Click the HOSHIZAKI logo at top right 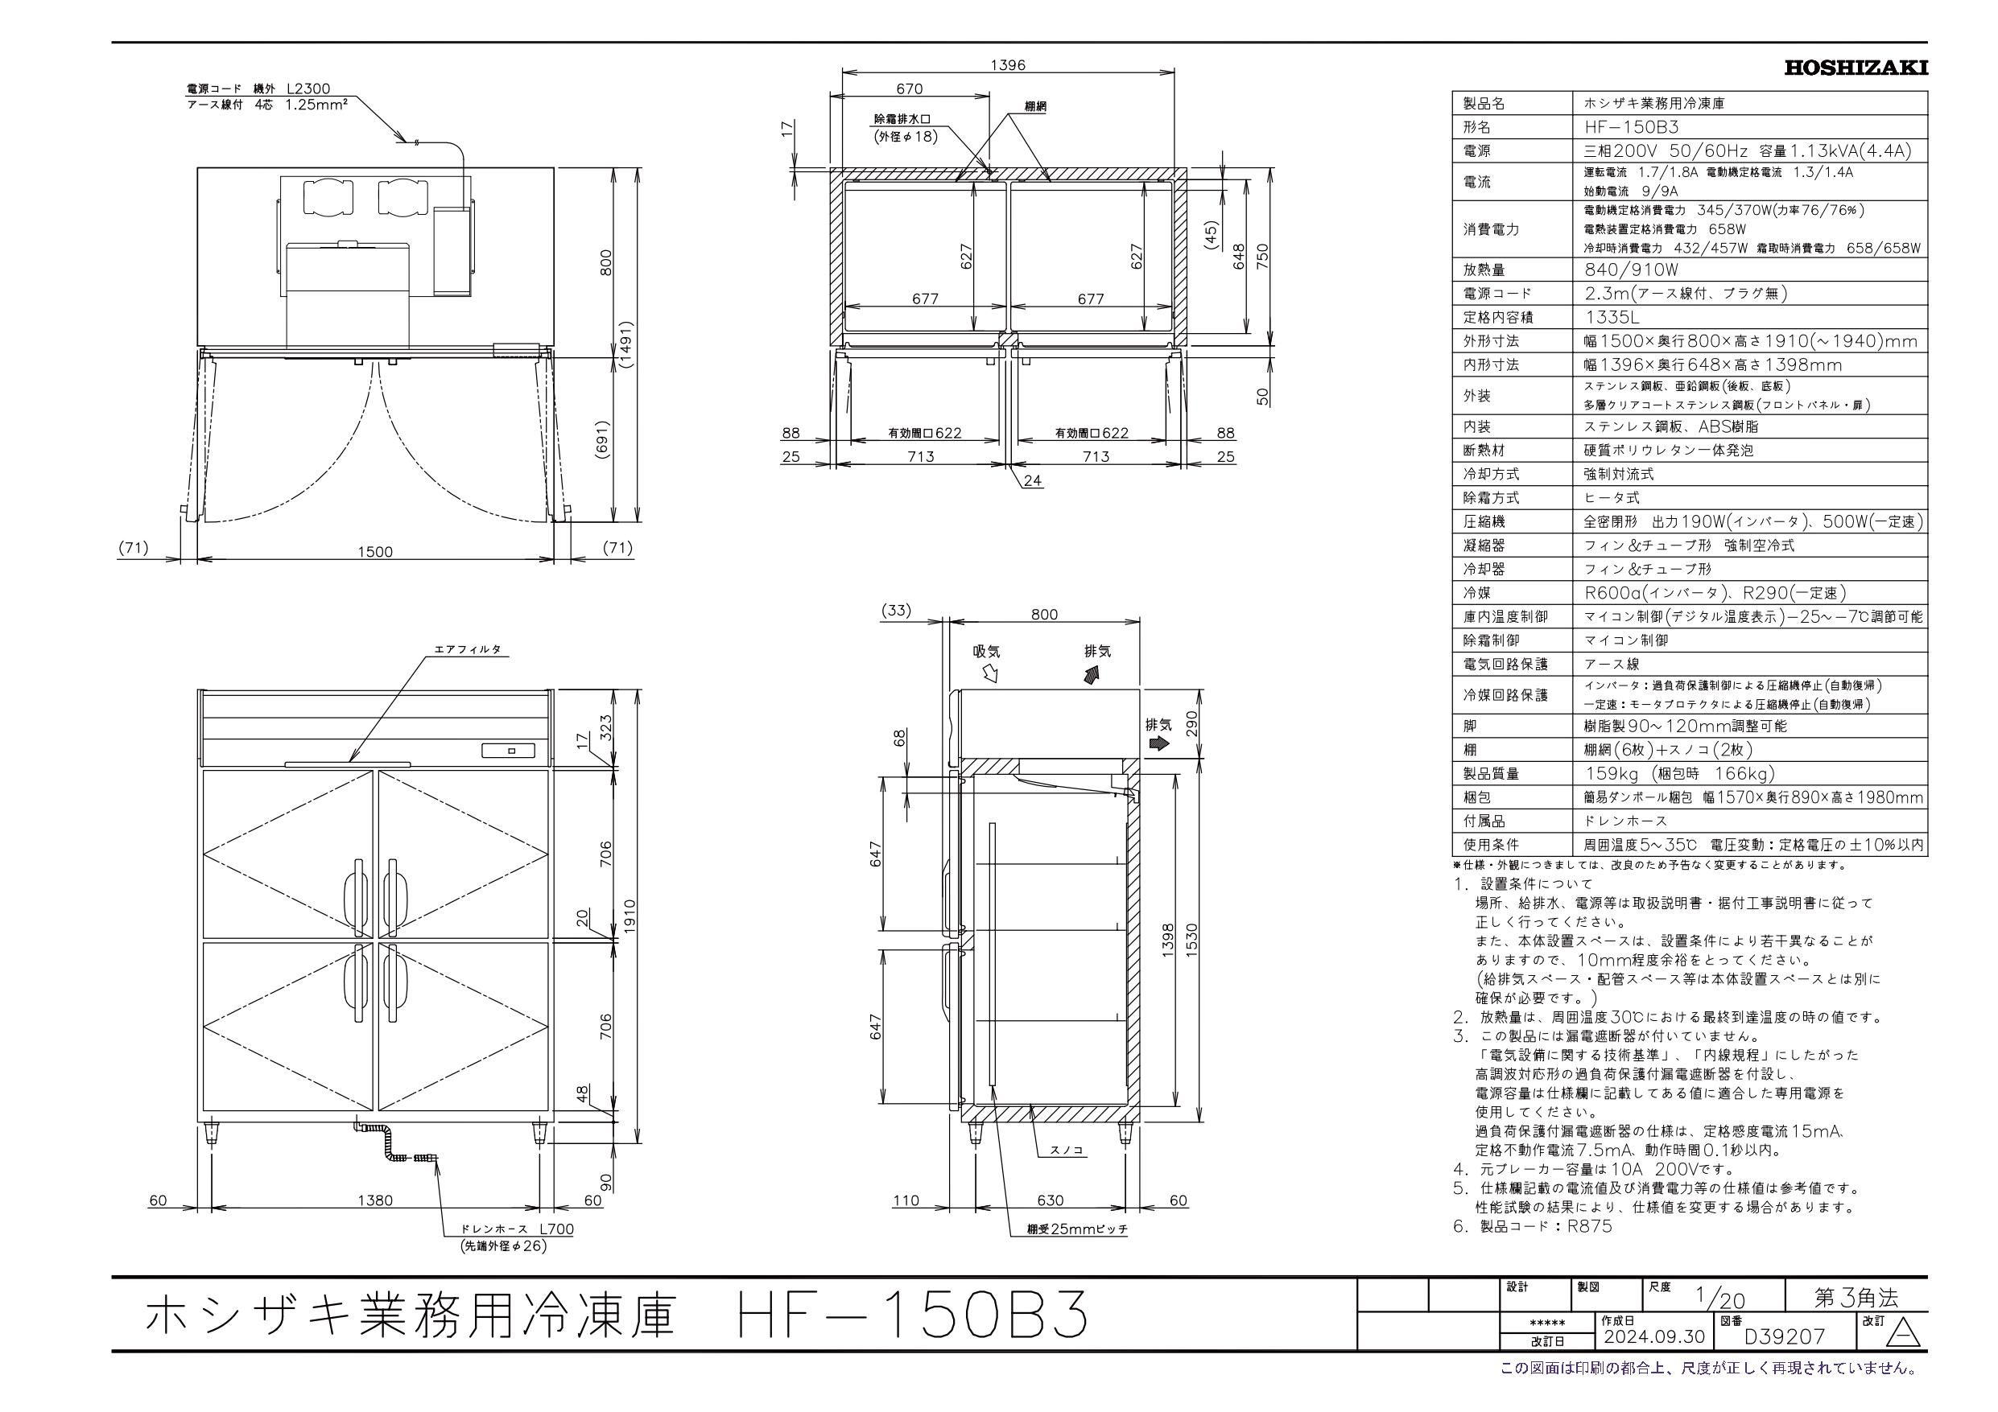coord(1856,68)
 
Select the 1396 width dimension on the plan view coord(1008,64)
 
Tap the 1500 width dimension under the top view coord(375,552)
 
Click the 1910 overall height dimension coord(630,916)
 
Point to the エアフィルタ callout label coord(469,650)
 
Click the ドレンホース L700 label coord(518,1229)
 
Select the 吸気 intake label coord(988,652)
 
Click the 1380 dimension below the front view coord(375,1200)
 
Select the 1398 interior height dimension coord(1168,940)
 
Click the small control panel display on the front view coord(512,750)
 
